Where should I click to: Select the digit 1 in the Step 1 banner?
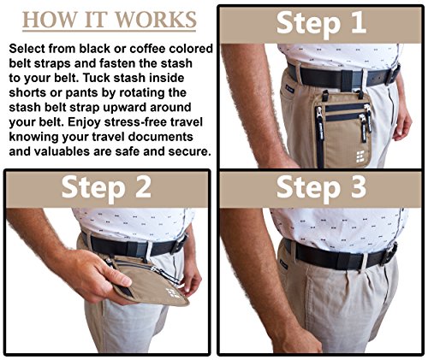pyautogui.click(x=358, y=23)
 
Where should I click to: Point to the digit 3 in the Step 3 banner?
pyautogui.click(x=358, y=187)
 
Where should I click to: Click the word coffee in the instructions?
pyautogui.click(x=147, y=49)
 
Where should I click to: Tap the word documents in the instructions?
pyautogui.click(x=160, y=137)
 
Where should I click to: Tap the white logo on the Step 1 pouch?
pyautogui.click(x=360, y=156)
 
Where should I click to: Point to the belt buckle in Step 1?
pyautogui.click(x=393, y=74)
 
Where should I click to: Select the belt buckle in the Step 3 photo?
pyautogui.click(x=389, y=254)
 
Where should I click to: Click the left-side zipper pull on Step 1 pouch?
pyautogui.click(x=318, y=122)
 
